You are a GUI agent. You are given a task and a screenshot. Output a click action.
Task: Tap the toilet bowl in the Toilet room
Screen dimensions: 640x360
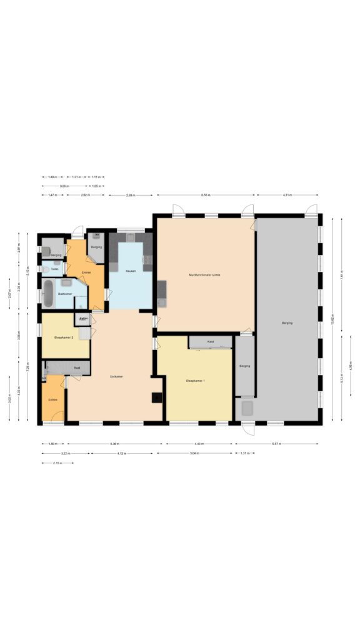click(x=46, y=269)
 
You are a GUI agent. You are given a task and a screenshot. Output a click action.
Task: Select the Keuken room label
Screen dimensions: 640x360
click(x=131, y=271)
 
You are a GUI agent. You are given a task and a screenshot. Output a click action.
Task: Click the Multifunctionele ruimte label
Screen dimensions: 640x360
click(x=204, y=274)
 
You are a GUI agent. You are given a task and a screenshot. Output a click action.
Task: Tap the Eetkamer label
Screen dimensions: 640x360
click(x=116, y=377)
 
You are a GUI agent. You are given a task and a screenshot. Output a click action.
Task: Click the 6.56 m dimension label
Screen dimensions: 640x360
click(x=206, y=196)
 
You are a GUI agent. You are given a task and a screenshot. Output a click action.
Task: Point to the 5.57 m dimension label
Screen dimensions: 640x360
click(x=276, y=444)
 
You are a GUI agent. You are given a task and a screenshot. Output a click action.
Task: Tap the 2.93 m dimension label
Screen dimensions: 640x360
click(x=129, y=196)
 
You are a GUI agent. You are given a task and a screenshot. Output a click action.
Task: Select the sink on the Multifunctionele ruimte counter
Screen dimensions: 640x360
click(x=162, y=303)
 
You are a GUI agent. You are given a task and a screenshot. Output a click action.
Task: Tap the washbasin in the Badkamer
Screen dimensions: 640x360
click(x=66, y=282)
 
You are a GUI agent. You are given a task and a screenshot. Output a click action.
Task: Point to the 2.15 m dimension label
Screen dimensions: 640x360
click(x=58, y=463)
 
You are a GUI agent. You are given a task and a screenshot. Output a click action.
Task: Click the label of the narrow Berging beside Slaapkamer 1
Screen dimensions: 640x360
click(x=244, y=366)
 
